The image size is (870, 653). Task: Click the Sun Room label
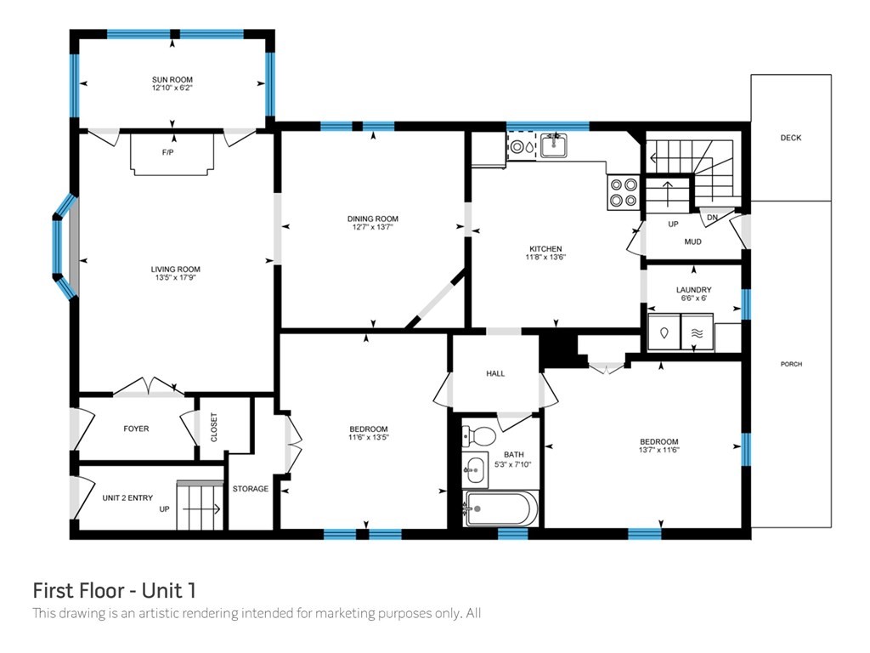pyautogui.click(x=172, y=79)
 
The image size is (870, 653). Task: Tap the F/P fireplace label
pyautogui.click(x=167, y=152)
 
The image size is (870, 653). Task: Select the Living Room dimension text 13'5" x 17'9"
pyautogui.click(x=175, y=277)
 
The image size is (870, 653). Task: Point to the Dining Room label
pyautogui.click(x=373, y=219)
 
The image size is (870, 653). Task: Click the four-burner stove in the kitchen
pyautogui.click(x=623, y=192)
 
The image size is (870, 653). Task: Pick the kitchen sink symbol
pyautogui.click(x=553, y=145)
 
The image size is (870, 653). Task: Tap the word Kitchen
pyautogui.click(x=546, y=249)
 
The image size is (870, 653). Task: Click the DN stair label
pyautogui.click(x=713, y=218)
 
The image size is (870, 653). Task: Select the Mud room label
pyautogui.click(x=693, y=241)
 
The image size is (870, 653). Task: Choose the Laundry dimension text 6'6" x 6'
pyautogui.click(x=694, y=298)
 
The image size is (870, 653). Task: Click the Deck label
pyautogui.click(x=791, y=138)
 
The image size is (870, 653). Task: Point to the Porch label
pyautogui.click(x=791, y=364)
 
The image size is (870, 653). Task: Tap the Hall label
pyautogui.click(x=495, y=374)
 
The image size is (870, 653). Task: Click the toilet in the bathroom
pyautogui.click(x=478, y=436)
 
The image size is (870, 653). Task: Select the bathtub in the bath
pyautogui.click(x=500, y=508)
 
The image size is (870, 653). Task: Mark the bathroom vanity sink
pyautogui.click(x=475, y=469)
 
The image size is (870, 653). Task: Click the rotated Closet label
pyautogui.click(x=214, y=428)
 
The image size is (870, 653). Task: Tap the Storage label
pyautogui.click(x=251, y=489)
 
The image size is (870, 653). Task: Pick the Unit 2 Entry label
pyautogui.click(x=127, y=498)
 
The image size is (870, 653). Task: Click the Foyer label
pyautogui.click(x=136, y=429)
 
